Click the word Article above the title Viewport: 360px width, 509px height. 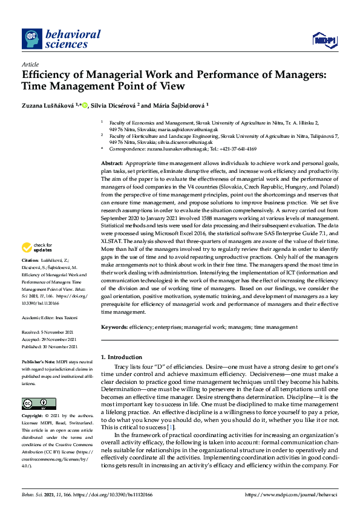pyautogui.click(x=30, y=63)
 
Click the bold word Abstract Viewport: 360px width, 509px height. pyautogui.click(x=112, y=164)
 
